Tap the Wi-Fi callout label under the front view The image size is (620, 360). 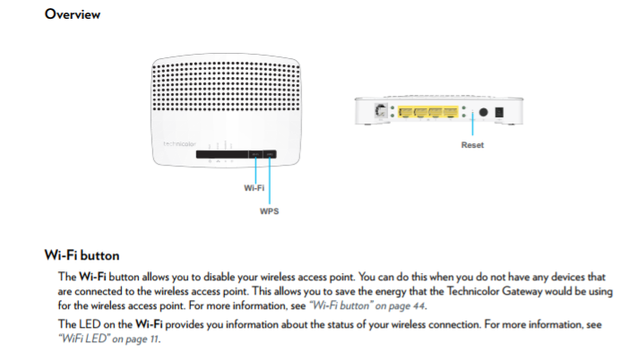(x=254, y=189)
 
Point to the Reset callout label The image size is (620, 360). (x=472, y=144)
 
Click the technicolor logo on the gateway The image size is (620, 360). (x=179, y=143)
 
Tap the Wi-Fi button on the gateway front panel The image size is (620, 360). (x=254, y=156)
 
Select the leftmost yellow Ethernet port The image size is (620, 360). (x=405, y=113)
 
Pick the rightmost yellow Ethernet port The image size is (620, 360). (x=452, y=113)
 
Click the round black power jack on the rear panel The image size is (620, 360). (x=484, y=113)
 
